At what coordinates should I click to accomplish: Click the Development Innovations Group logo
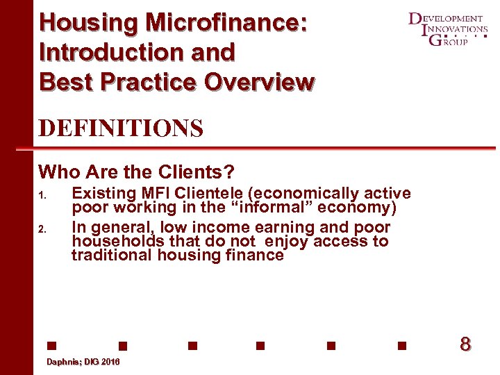tap(447, 29)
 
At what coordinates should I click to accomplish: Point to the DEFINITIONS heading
tap(121, 128)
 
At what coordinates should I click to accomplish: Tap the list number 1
tap(42, 196)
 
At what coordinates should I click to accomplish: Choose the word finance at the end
tap(256, 255)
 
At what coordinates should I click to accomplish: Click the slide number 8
tap(465, 344)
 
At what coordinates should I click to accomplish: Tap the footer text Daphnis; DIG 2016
tap(83, 362)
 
